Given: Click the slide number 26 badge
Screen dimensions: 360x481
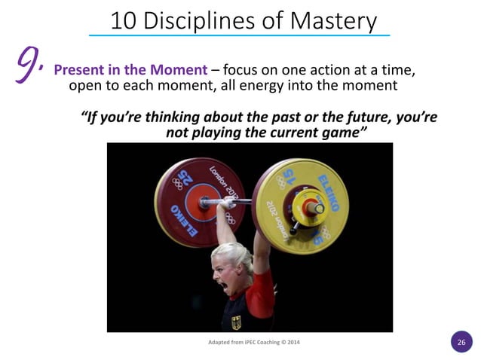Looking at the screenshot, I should click(461, 341).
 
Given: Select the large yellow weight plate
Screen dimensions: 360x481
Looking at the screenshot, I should click(301, 203).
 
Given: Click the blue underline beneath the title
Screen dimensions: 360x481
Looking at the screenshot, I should click(240, 35).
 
